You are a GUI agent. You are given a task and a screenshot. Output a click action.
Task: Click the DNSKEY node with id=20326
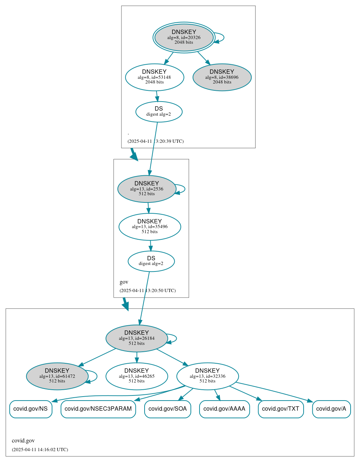[184, 37]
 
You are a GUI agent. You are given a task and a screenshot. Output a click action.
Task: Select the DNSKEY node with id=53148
[154, 77]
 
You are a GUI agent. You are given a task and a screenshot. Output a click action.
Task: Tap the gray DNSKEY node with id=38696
[222, 77]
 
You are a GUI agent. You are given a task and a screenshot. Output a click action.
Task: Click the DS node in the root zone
[159, 111]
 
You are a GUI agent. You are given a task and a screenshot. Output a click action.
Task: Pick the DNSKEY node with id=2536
[147, 189]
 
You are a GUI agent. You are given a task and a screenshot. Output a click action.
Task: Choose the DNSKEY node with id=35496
[150, 227]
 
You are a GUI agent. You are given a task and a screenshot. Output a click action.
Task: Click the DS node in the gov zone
[151, 261]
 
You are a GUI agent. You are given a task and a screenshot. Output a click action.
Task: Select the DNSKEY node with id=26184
[137, 338]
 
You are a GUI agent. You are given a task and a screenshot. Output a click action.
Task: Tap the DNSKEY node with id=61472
[57, 376]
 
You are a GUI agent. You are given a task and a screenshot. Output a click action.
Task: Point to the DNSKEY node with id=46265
[137, 376]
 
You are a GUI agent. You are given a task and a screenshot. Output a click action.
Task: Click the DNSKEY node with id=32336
[207, 376]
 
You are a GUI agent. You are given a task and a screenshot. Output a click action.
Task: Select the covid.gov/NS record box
[31, 409]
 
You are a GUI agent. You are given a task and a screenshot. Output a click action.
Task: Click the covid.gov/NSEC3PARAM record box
[98, 409]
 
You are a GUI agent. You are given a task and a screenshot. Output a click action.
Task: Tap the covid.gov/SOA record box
[168, 409]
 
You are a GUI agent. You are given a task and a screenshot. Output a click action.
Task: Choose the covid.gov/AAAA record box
[224, 409]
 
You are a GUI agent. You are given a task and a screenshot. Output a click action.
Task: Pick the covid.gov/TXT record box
[281, 409]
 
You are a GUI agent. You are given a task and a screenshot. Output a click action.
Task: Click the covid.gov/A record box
[331, 409]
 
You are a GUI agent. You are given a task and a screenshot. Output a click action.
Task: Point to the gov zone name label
[124, 282]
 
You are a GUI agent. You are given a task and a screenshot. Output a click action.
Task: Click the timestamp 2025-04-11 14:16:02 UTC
[40, 450]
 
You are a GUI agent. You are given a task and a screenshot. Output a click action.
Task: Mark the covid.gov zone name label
[23, 441]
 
